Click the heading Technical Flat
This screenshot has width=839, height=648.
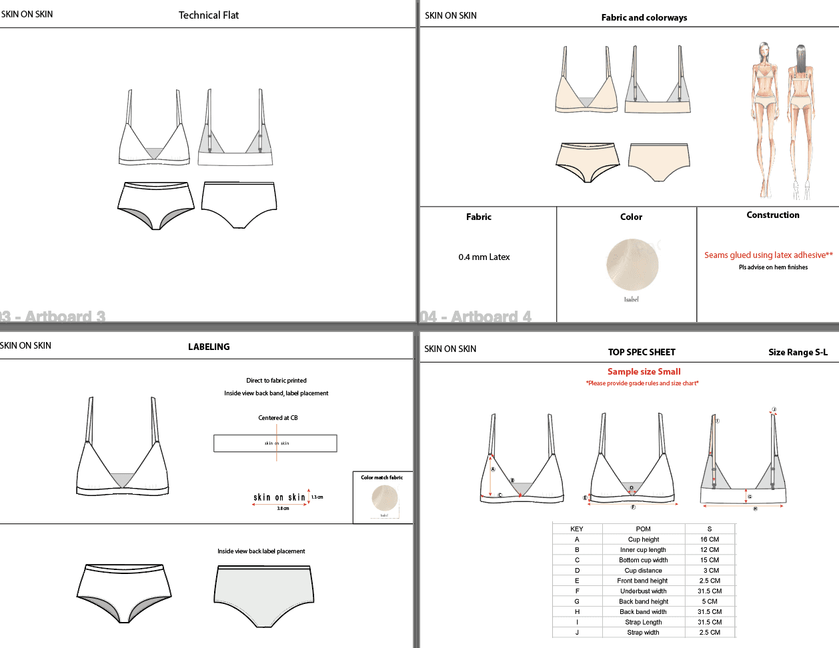click(208, 15)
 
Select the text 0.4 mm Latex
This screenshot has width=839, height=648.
click(484, 257)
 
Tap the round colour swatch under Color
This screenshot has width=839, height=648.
click(632, 265)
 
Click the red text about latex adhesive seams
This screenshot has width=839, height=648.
click(768, 255)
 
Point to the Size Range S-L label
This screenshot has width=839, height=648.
click(798, 352)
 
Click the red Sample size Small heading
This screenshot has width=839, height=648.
click(644, 372)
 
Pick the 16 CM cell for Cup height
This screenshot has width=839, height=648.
click(709, 539)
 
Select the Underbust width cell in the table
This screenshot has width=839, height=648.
click(643, 591)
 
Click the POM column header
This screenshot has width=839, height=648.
click(643, 529)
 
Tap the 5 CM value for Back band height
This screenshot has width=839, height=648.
click(709, 601)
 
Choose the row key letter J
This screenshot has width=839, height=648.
click(577, 633)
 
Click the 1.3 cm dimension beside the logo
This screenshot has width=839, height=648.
click(317, 497)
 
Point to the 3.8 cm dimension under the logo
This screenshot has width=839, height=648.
click(283, 509)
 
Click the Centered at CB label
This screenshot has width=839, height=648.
click(277, 418)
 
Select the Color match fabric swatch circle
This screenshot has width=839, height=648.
click(384, 497)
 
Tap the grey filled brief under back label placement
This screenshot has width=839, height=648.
click(263, 595)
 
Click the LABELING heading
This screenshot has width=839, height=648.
click(209, 347)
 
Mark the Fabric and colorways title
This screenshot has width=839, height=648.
click(644, 18)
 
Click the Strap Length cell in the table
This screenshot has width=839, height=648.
click(643, 622)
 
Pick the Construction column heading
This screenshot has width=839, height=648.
click(772, 215)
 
